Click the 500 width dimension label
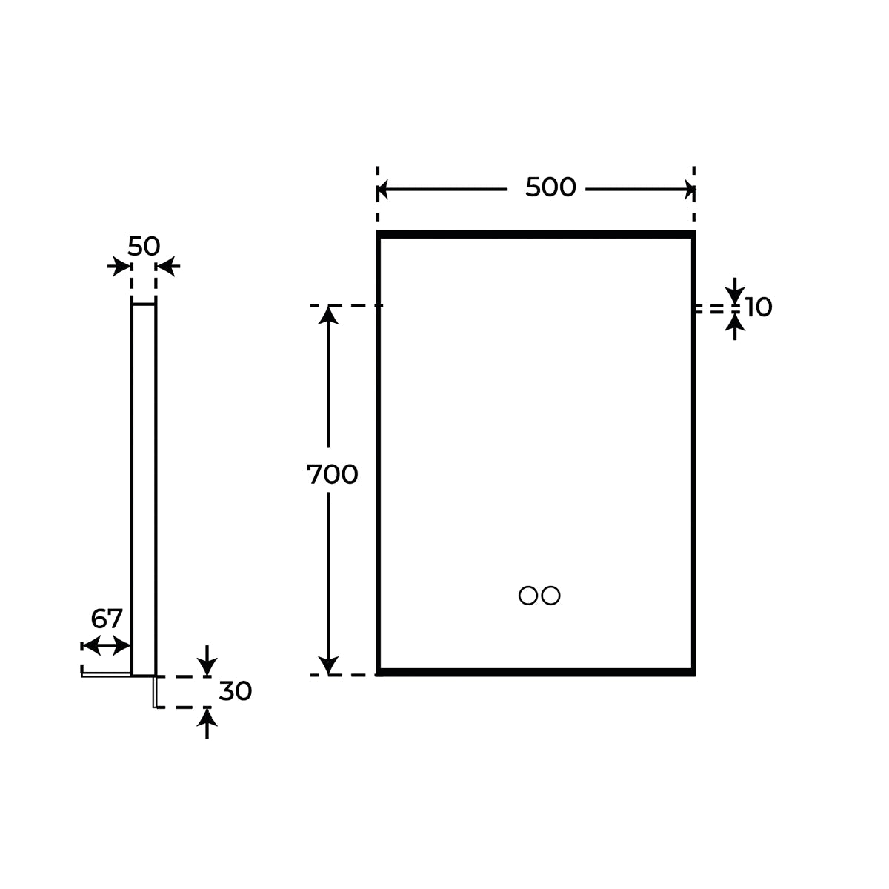550,187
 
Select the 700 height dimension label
333,474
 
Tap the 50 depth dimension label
144,246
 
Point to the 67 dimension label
107,619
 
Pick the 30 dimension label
236,691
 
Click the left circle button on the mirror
528,595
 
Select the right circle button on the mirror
550,595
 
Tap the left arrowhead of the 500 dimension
384,190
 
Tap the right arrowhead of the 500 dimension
689,190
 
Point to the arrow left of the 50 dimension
119,266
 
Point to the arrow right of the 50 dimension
168,266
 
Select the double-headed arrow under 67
107,646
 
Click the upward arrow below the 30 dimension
207,722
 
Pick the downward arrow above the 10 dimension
734,290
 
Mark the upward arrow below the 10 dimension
734,326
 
